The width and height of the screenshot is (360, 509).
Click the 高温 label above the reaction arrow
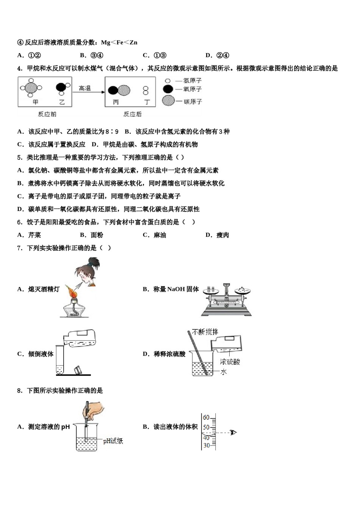pyautogui.click(x=85, y=88)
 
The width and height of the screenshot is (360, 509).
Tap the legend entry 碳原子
pyautogui.click(x=193, y=101)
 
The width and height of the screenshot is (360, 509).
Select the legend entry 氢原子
pyautogui.click(x=192, y=81)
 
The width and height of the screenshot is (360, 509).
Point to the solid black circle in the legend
pyautogui.click(x=168, y=89)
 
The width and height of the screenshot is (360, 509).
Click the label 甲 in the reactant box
pyautogui.click(x=35, y=102)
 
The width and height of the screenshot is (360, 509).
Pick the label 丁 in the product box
pyautogui.click(x=147, y=102)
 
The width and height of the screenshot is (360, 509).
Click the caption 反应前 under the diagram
pyautogui.click(x=47, y=114)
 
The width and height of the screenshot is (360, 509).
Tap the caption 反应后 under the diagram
pyautogui.click(x=132, y=114)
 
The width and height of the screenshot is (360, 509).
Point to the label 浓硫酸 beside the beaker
pyautogui.click(x=230, y=362)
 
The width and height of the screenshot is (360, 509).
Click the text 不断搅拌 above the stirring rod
pyautogui.click(x=205, y=332)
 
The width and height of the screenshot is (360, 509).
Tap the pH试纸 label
pyautogui.click(x=113, y=441)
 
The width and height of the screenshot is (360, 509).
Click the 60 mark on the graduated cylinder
pyautogui.click(x=207, y=417)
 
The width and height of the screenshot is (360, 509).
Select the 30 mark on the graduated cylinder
pyautogui.click(x=207, y=445)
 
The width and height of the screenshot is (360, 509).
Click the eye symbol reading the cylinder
pyautogui.click(x=233, y=432)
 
